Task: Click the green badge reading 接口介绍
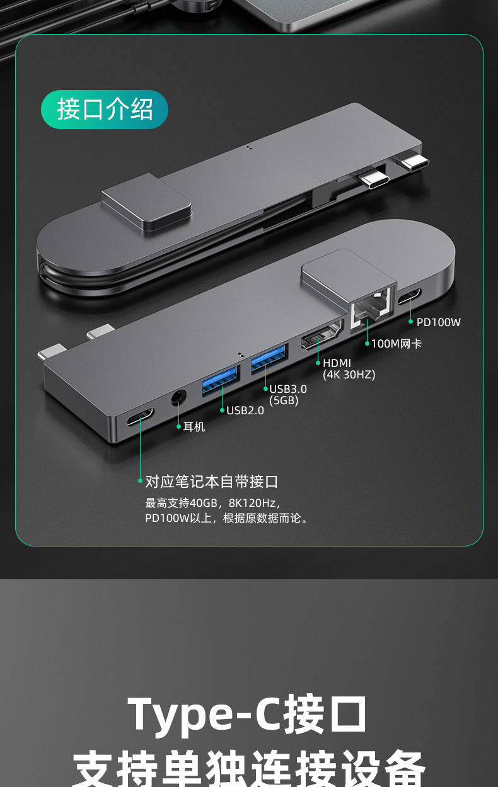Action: pos(105,110)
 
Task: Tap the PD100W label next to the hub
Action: pos(438,322)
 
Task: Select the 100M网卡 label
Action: pos(396,344)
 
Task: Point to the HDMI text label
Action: pos(337,363)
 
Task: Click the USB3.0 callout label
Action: pos(287,389)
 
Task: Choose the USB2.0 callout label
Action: pos(245,410)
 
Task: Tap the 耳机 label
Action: pos(194,427)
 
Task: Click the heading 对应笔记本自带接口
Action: pos(211,482)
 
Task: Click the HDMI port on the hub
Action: pos(321,336)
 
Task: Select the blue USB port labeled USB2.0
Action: pos(221,380)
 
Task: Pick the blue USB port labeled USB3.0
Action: pos(269,358)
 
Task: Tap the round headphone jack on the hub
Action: pos(178,399)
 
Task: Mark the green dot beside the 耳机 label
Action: pos(178,426)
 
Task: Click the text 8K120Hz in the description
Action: pos(252,503)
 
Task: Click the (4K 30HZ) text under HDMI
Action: pos(349,375)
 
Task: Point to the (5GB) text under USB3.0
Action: pos(284,400)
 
